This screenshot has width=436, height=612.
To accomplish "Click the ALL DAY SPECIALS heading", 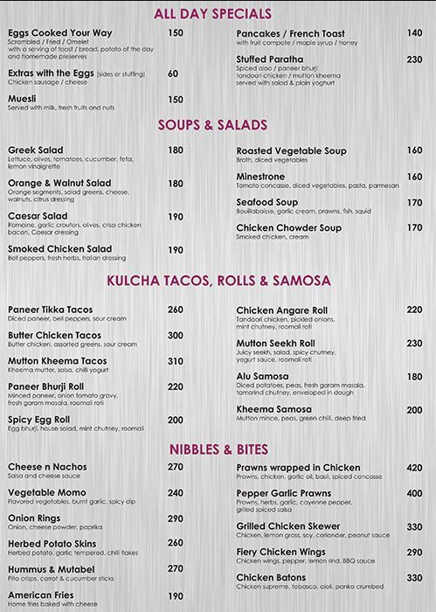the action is (x=213, y=13).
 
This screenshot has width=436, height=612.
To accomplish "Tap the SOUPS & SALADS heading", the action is (x=213, y=125).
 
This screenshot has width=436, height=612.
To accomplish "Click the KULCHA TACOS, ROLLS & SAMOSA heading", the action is (x=218, y=281).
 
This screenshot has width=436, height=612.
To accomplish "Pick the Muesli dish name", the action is (x=24, y=100).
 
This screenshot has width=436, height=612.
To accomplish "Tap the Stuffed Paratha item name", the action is (x=270, y=59).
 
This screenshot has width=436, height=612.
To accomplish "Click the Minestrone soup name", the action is (x=261, y=177).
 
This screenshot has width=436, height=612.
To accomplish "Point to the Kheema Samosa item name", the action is (x=273, y=409).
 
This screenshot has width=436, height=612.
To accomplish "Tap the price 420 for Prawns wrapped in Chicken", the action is (x=414, y=468).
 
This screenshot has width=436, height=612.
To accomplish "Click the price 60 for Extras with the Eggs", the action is (x=173, y=73).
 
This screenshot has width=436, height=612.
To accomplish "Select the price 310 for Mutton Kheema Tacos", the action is (x=176, y=361).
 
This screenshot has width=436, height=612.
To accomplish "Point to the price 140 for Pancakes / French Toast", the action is (x=414, y=33).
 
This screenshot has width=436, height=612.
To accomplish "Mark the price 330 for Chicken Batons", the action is (x=414, y=578).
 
